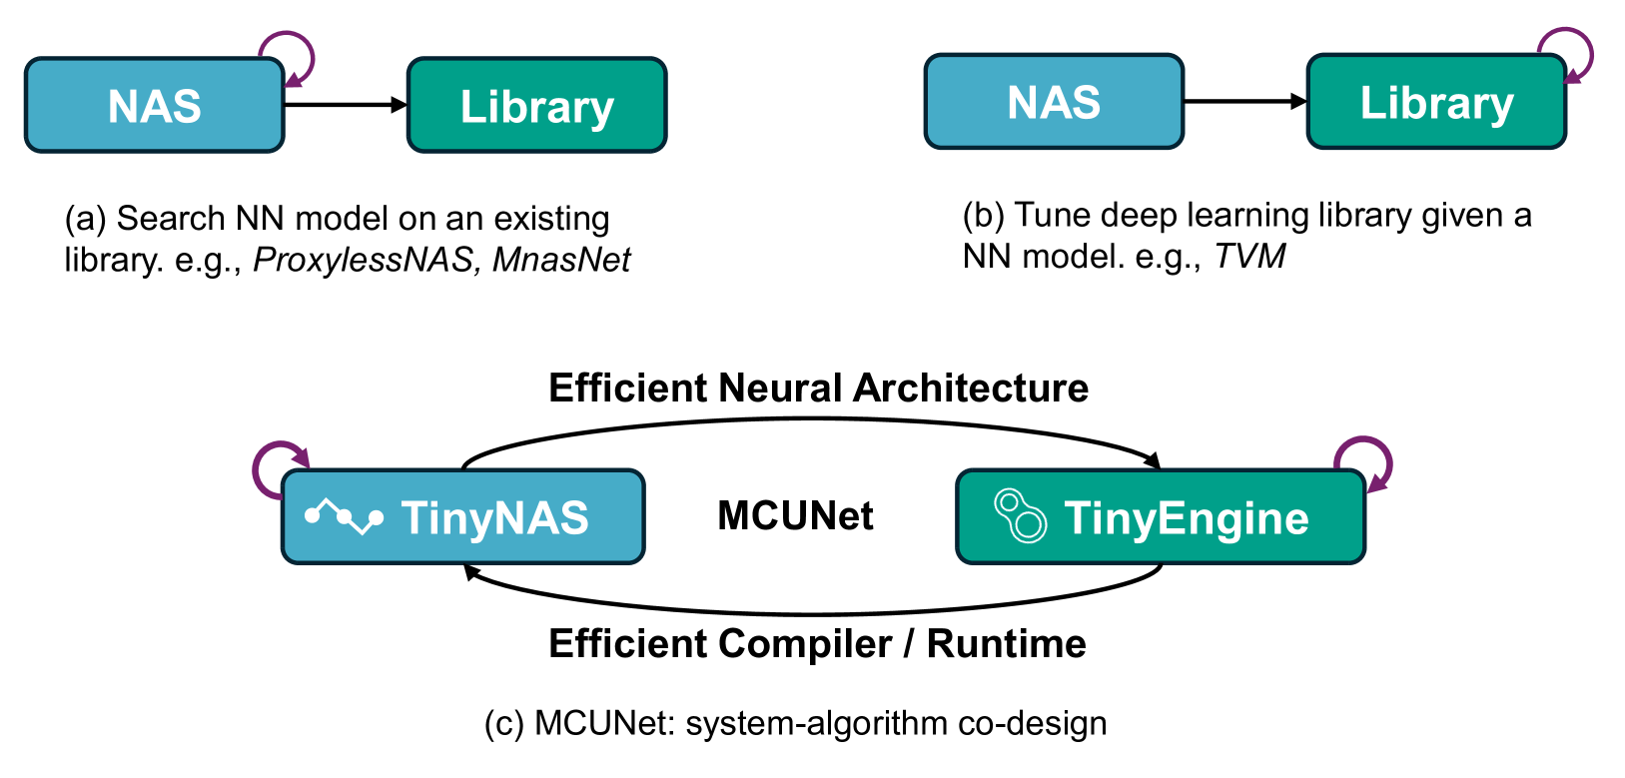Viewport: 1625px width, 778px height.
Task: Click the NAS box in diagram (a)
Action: click(x=155, y=106)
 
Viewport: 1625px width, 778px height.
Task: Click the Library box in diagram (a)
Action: click(x=536, y=106)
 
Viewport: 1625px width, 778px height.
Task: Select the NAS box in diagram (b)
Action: click(x=1054, y=102)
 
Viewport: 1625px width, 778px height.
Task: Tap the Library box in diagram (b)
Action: click(x=1436, y=102)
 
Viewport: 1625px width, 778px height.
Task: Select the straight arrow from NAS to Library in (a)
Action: click(x=345, y=105)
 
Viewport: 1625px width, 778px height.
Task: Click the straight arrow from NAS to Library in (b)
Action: click(x=1244, y=101)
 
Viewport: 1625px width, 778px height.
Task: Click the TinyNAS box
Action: click(x=463, y=517)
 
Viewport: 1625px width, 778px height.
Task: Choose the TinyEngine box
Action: click(x=1161, y=517)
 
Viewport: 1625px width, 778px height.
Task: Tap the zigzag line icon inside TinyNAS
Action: click(x=344, y=516)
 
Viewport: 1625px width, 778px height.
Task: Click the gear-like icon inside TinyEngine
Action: click(x=1020, y=516)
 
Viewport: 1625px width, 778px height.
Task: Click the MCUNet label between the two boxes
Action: click(x=795, y=516)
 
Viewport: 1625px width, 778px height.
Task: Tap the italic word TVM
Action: click(x=1248, y=257)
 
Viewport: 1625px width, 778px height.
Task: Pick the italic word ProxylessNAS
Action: click(x=363, y=260)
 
